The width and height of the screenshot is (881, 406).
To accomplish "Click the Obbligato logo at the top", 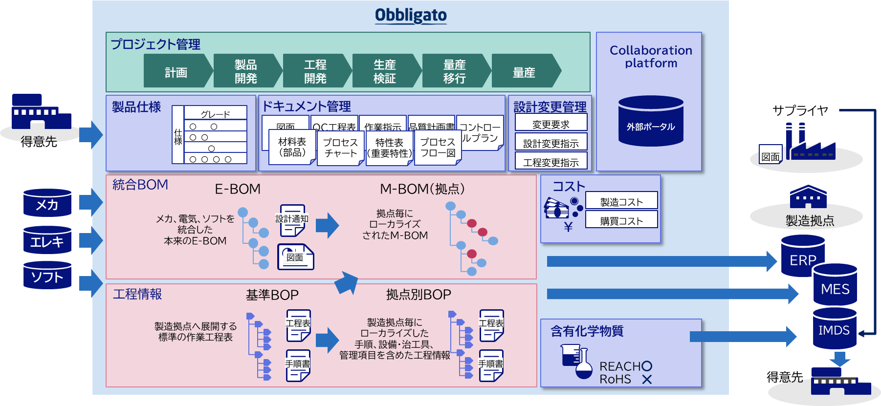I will pyautogui.click(x=411, y=15).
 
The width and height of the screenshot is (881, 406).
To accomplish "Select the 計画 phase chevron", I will pyautogui.click(x=176, y=71).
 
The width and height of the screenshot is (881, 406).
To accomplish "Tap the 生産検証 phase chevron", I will pyautogui.click(x=385, y=71).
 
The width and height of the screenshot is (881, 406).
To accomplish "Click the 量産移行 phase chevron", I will pyautogui.click(x=454, y=71).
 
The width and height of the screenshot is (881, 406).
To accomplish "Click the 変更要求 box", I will pyautogui.click(x=551, y=124).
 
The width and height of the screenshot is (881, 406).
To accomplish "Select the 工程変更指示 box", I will pyautogui.click(x=551, y=161).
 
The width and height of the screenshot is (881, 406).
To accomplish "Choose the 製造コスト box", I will pyautogui.click(x=621, y=201).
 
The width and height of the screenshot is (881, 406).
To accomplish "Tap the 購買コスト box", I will pyautogui.click(x=621, y=220).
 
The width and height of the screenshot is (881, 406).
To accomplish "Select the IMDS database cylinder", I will pyautogui.click(x=834, y=329).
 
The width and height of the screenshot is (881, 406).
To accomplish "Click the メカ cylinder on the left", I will pyautogui.click(x=47, y=203).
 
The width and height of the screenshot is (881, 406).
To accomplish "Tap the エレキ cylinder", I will pyautogui.click(x=47, y=240).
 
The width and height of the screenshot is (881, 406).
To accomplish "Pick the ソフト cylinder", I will pyautogui.click(x=47, y=276).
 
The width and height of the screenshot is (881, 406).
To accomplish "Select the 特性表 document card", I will pyautogui.click(x=389, y=148).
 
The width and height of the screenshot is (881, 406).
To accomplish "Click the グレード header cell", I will pyautogui.click(x=216, y=113).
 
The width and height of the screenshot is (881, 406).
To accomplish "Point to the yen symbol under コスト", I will pyautogui.click(x=568, y=227).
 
